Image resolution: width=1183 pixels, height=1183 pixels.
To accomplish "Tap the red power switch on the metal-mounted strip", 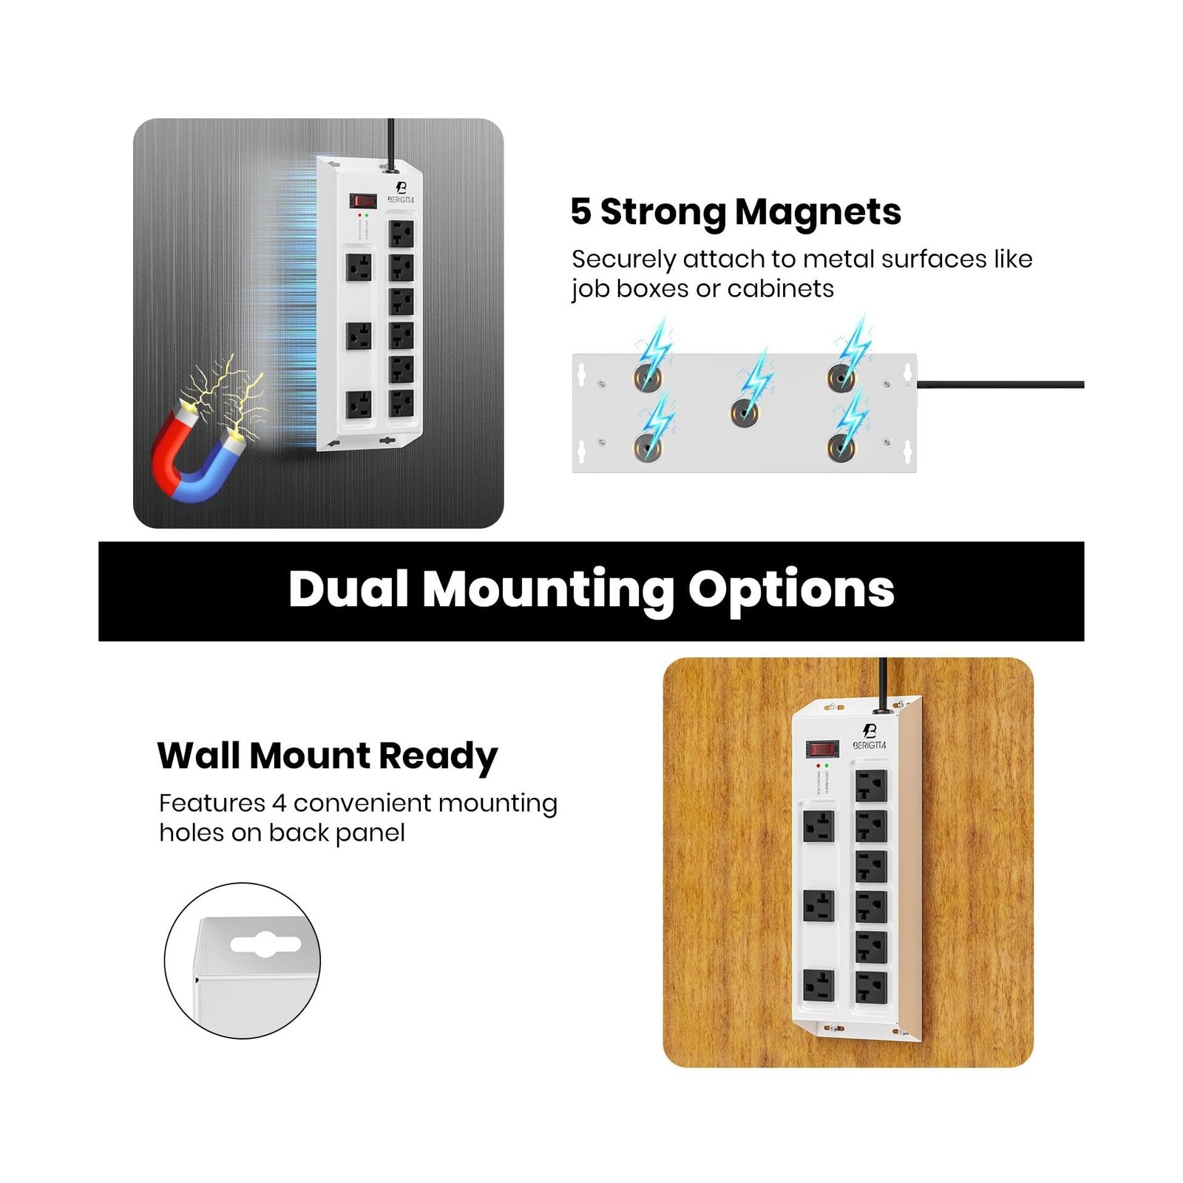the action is click(362, 200).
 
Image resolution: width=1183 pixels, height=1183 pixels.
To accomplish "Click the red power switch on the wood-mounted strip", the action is click(821, 749).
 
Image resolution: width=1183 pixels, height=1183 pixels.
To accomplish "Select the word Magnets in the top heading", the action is click(818, 212).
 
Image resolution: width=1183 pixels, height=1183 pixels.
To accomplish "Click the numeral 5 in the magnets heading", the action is click(581, 211).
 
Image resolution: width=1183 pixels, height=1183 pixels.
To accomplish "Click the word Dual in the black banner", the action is click(348, 589).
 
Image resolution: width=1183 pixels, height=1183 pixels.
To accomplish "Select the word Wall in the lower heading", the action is click(199, 756).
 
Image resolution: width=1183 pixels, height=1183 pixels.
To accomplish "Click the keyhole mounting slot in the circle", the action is click(265, 944).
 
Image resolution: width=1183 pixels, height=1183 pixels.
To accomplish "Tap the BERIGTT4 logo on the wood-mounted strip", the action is click(870, 737).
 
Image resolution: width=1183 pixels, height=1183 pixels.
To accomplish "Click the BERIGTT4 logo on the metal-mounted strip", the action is click(401, 194).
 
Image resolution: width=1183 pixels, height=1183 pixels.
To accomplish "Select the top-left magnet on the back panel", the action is click(648, 378).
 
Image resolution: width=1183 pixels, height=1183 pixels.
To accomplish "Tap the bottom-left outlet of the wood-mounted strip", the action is click(818, 986).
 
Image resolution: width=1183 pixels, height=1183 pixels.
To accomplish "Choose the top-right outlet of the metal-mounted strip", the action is click(401, 234).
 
